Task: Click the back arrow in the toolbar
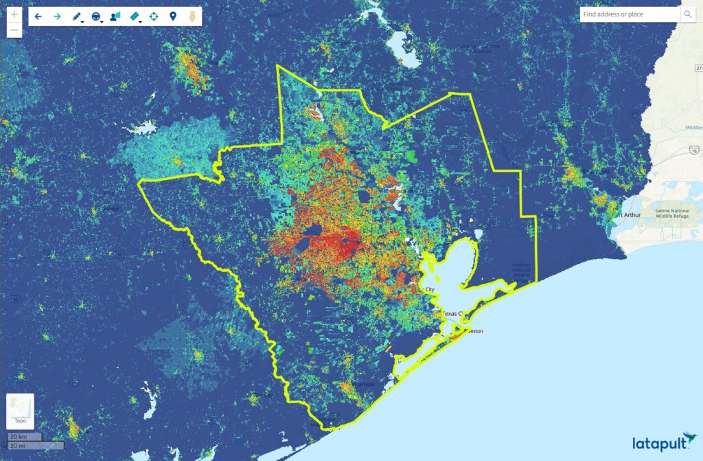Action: [38, 16]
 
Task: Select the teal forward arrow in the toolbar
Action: [57, 16]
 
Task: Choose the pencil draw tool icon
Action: [76, 16]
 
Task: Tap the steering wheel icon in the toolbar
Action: [95, 16]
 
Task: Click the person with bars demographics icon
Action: [115, 16]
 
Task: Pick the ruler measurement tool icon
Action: [134, 16]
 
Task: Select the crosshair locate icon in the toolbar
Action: [153, 16]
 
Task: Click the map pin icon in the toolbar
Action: [172, 16]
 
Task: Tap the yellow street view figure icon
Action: [192, 16]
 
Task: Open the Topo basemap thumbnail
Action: [20, 410]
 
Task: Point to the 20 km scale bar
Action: [25, 437]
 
